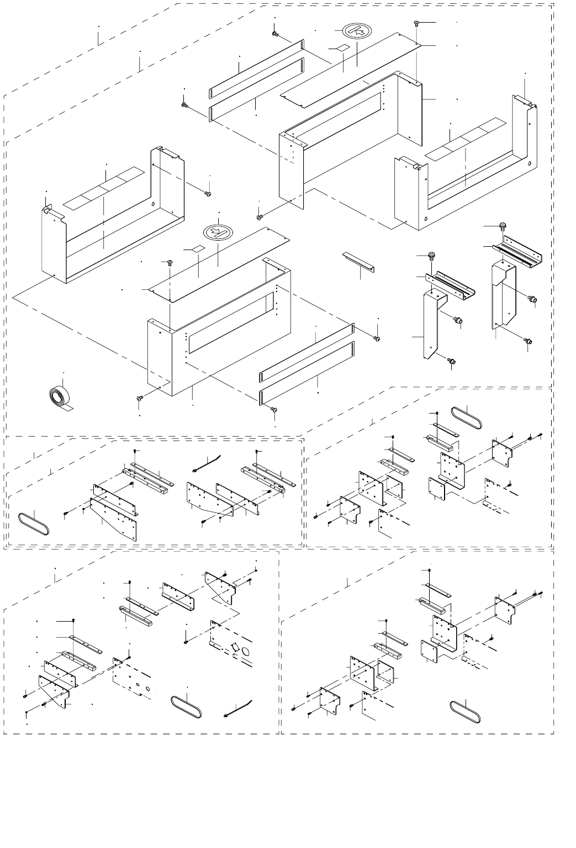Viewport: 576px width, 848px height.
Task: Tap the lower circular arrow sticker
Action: (x=216, y=232)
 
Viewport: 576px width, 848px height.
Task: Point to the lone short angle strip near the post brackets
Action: (x=358, y=261)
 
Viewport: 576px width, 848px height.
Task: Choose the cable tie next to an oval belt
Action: (x=239, y=708)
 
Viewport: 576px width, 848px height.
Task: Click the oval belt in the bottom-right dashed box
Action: (x=465, y=711)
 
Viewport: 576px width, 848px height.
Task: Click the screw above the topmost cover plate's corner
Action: (x=416, y=23)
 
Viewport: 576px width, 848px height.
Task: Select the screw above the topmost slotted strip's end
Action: (x=275, y=33)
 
